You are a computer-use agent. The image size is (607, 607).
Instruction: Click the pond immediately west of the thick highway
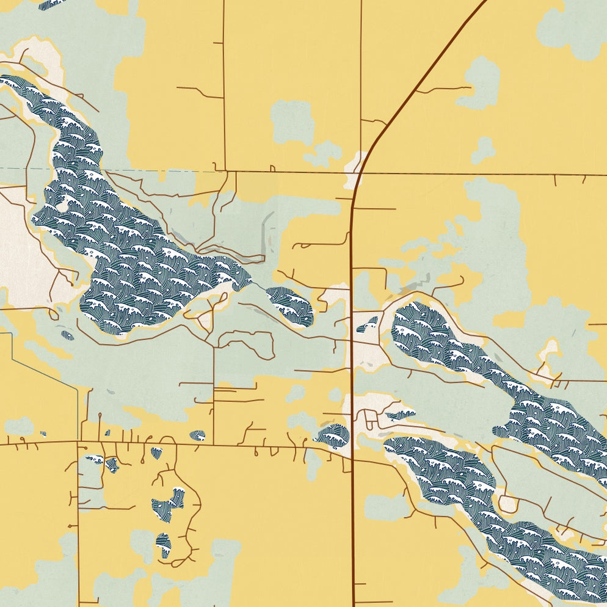(333, 437)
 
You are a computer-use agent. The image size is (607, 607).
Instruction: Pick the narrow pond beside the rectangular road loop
(401, 416)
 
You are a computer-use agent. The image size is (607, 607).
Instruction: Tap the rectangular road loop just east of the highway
(371, 420)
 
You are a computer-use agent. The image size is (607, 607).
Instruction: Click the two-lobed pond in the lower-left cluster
(168, 504)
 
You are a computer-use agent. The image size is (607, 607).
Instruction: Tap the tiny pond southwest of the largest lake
(67, 335)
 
